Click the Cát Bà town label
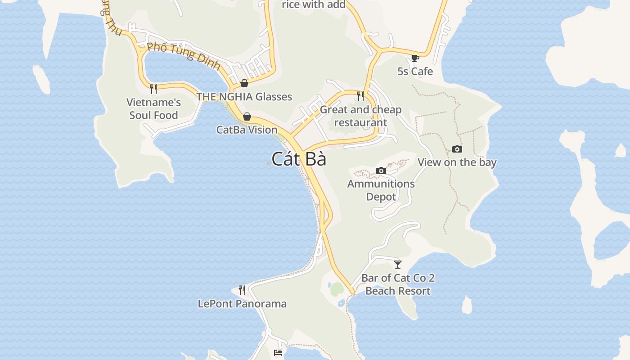click(299, 159)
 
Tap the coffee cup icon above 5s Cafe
click(415, 58)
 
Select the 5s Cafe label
click(415, 71)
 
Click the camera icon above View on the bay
click(457, 149)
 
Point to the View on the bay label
click(457, 162)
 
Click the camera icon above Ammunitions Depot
click(381, 171)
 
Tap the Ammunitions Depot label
click(381, 190)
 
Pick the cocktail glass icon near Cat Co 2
click(398, 264)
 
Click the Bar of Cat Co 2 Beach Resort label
click(398, 284)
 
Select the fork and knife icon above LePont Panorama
click(242, 290)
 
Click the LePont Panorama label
click(242, 304)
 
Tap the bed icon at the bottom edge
click(278, 353)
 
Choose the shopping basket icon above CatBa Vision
click(247, 117)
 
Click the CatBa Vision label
click(247, 130)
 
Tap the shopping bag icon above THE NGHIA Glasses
click(244, 83)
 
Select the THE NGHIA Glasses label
click(244, 96)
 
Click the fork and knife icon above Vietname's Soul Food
click(153, 89)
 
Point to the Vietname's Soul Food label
click(153, 108)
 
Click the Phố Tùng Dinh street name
click(184, 56)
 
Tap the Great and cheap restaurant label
click(360, 116)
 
